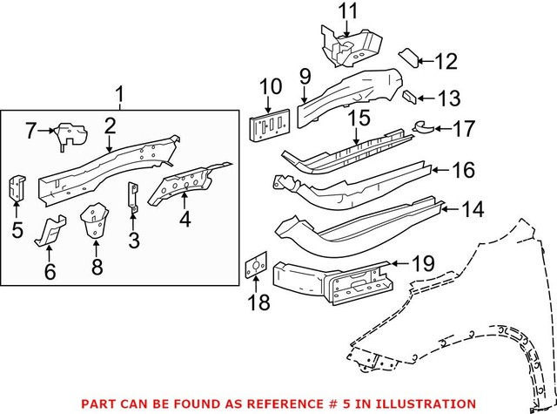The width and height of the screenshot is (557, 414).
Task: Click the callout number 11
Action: [348, 11]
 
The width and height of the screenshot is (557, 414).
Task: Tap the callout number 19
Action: [421, 261]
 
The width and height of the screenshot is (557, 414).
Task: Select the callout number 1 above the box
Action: [119, 93]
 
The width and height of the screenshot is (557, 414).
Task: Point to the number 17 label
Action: [463, 129]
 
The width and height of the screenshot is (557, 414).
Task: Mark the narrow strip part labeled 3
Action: [133, 197]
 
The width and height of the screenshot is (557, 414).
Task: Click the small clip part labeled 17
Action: [421, 128]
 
